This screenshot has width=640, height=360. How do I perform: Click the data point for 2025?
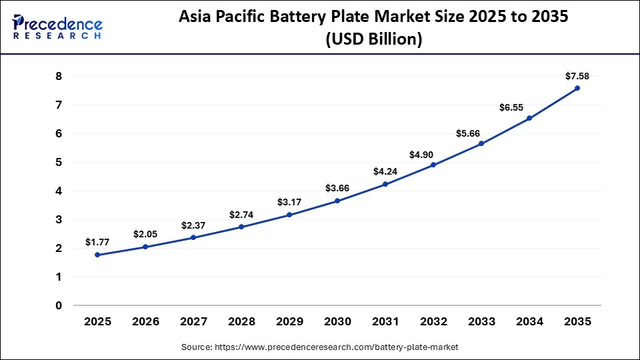click(97, 255)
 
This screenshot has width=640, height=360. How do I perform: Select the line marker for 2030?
click(337, 201)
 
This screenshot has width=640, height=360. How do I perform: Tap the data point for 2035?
click(577, 88)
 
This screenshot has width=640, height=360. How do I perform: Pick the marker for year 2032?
click(433, 165)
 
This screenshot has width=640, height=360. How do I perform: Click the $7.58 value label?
click(577, 75)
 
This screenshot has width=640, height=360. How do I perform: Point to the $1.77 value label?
click(97, 242)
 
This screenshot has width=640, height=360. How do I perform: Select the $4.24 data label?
click(385, 171)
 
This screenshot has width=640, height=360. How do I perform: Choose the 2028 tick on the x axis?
click(241, 321)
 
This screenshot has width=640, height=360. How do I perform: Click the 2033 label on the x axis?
click(481, 321)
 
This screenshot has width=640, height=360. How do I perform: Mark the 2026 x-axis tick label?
click(145, 321)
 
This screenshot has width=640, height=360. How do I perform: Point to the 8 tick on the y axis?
click(59, 77)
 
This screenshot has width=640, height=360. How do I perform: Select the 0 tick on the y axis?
click(59, 305)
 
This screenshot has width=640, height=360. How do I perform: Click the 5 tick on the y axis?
click(59, 162)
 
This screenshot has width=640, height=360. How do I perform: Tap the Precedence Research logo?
click(57, 27)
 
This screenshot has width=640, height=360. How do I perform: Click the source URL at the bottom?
click(320, 347)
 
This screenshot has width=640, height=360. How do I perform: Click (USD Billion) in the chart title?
click(373, 39)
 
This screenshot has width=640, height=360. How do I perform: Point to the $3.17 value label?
click(289, 202)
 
